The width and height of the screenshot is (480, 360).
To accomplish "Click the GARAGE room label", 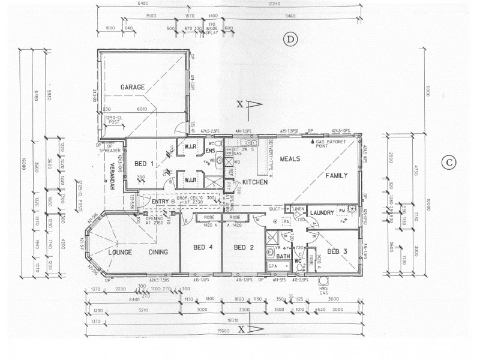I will coord(133,88).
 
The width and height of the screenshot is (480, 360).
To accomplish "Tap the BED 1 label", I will coord(143,164).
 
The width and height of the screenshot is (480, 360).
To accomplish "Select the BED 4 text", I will coord(203,247).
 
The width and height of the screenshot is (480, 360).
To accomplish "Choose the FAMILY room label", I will coord(337,176).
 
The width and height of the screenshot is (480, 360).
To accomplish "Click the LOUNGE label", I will coord(119,253).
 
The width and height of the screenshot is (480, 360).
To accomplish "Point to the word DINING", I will coord(158,253).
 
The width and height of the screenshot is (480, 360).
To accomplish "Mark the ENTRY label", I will coord(160,202).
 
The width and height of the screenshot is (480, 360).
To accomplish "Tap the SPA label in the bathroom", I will coord(272,265).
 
